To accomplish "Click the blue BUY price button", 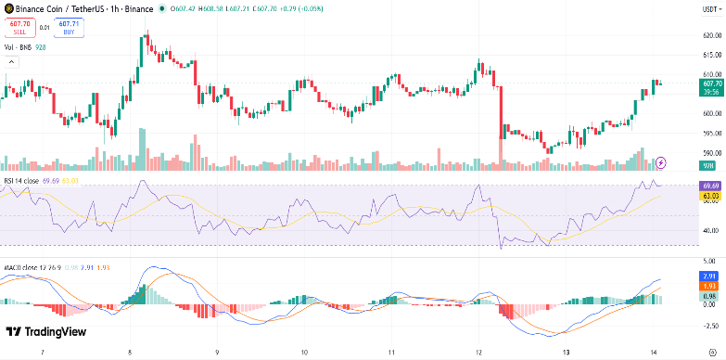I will point(69,29).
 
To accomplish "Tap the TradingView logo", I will point(45,332).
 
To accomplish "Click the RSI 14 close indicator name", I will point(20,180).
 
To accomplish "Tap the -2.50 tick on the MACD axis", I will point(709,325).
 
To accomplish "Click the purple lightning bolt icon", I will point(661,162).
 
